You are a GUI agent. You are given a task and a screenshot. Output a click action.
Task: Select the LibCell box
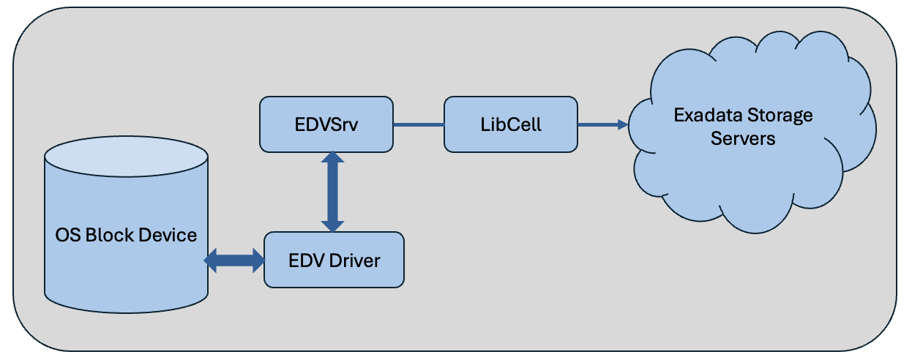point(510,125)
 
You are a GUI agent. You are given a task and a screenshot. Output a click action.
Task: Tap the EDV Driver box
point(334,260)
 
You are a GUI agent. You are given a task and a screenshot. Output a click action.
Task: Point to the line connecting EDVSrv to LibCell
point(419,125)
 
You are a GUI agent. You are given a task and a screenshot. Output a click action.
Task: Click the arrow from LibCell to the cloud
point(603,125)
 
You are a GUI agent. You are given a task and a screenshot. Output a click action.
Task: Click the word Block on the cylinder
point(107,235)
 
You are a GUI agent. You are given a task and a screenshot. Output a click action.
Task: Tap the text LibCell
point(510,125)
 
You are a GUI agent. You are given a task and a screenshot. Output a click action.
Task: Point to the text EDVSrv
point(326,125)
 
